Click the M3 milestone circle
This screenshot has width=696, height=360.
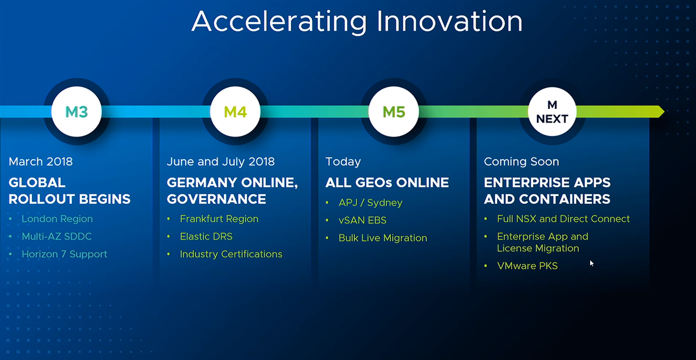pos(76,112)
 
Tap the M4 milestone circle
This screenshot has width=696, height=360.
pos(235,112)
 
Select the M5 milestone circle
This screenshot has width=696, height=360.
pos(394,112)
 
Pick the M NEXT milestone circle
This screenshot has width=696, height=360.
pos(552,112)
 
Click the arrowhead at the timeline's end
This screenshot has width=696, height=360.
pos(661,111)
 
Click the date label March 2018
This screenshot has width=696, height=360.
pos(41,161)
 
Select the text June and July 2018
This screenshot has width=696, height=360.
pos(220,162)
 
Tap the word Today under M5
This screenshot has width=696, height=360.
pos(343,162)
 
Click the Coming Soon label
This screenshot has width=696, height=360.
pos(521,162)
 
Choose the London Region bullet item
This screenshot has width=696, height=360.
pos(57,219)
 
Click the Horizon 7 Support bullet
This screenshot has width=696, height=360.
pos(64,254)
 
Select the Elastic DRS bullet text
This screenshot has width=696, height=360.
pos(206,236)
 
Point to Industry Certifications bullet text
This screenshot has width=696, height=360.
pos(231,254)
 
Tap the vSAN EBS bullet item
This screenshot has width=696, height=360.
pos(363,220)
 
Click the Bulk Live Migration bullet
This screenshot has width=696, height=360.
pos(383,238)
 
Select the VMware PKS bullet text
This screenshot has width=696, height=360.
pos(527,266)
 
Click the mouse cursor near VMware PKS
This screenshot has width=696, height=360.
pos(592,263)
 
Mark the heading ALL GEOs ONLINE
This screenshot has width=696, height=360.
pos(387,183)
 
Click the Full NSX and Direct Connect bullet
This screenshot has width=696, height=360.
pos(563,219)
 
